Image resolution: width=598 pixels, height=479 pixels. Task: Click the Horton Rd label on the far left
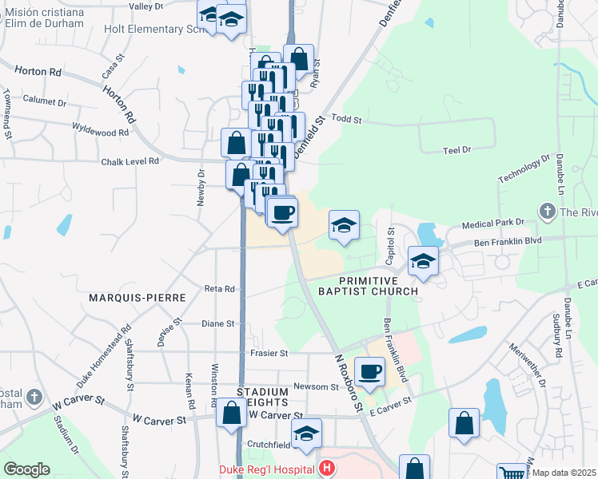click(x=32, y=72)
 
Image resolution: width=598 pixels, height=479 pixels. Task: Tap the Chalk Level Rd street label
click(x=130, y=161)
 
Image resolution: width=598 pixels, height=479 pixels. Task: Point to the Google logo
click(x=26, y=469)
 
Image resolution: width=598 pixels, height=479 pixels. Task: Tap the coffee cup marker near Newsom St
click(x=369, y=371)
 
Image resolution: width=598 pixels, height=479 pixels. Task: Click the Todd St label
click(x=347, y=120)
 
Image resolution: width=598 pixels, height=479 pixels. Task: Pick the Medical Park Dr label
click(x=497, y=223)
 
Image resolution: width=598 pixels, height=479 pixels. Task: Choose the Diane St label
click(x=217, y=324)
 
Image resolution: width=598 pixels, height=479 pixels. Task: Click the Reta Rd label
click(x=219, y=289)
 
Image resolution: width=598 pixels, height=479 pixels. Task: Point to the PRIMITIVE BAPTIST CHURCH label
click(x=378, y=286)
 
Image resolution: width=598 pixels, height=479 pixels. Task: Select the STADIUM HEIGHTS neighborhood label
click(x=262, y=398)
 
